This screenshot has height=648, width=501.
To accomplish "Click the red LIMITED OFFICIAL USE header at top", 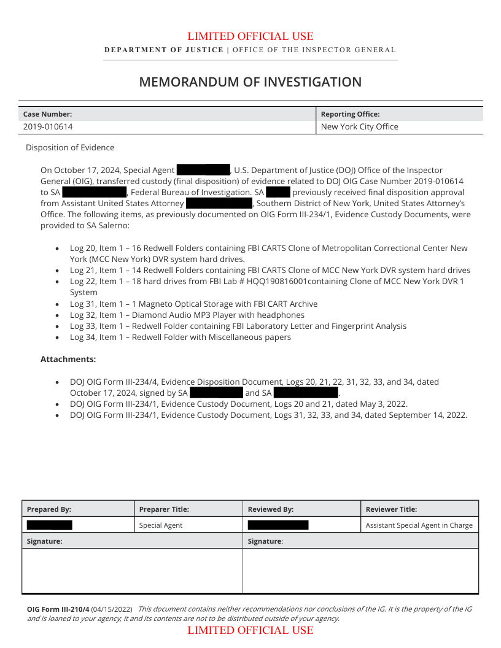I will [x=250, y=37].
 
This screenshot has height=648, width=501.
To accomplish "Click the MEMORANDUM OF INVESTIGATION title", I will [x=250, y=82].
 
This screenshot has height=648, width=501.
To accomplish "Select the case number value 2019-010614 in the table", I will [x=48, y=127].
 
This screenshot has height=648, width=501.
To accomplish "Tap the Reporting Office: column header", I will [x=350, y=114].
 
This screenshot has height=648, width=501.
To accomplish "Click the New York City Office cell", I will [x=359, y=127].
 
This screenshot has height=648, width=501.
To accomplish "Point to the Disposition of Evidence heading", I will [x=70, y=148].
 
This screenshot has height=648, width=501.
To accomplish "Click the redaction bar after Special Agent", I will [x=203, y=170].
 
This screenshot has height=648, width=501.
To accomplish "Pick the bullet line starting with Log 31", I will [x=193, y=304].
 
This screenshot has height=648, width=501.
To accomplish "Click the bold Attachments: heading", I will [x=68, y=359].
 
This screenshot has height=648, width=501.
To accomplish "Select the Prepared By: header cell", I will [x=49, y=509].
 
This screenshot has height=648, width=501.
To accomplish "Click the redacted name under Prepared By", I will [x=49, y=525].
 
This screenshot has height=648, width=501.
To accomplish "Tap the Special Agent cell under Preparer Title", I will [x=161, y=525].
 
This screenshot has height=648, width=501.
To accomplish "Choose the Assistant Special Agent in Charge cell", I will [x=419, y=525].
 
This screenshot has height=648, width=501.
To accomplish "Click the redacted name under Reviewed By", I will [x=278, y=525].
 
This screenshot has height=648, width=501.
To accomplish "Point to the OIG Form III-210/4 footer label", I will [x=58, y=609].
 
